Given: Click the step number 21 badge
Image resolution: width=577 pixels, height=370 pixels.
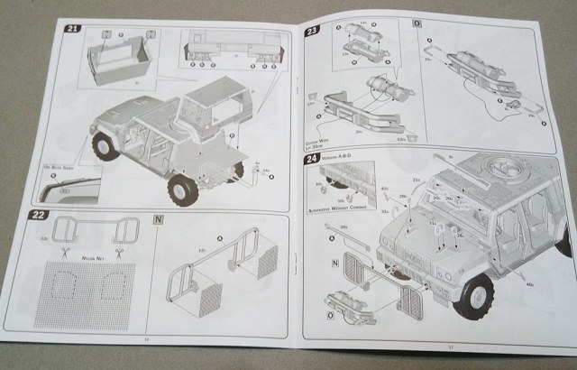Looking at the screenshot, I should click(71, 29).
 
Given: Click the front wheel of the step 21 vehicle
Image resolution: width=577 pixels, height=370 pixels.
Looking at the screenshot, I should click(105, 145).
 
